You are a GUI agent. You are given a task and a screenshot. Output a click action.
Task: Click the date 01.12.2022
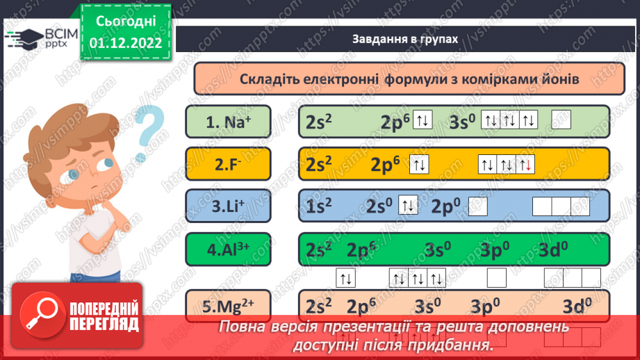click(126, 43)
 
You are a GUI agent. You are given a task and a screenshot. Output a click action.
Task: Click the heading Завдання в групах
click(404, 39)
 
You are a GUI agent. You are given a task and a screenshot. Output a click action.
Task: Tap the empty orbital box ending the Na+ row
click(561, 121)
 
